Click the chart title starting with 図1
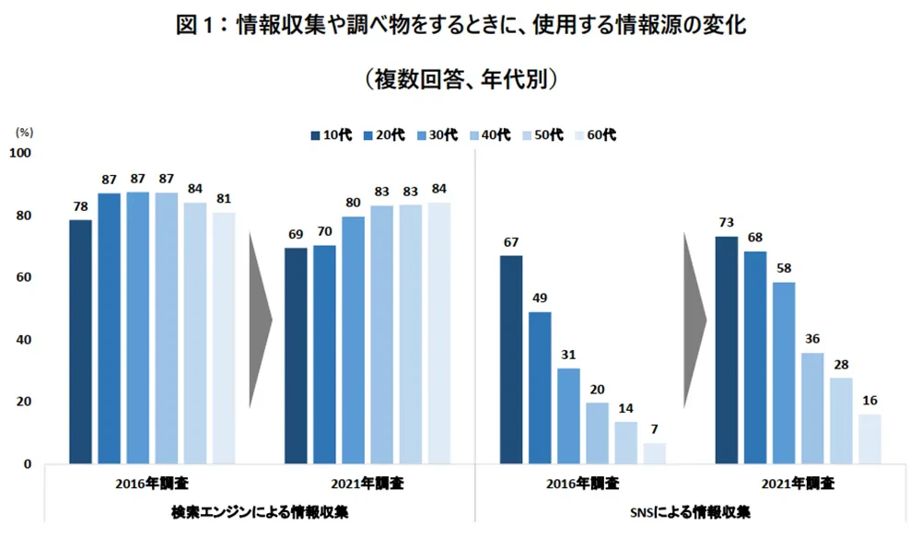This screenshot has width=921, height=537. point(460,25)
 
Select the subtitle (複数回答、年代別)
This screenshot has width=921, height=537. point(460,79)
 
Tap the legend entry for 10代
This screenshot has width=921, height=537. point(327,134)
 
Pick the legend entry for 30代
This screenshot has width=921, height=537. point(433,134)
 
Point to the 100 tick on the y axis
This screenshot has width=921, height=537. point(19,153)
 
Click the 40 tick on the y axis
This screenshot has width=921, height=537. point(22,340)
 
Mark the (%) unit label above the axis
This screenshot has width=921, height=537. point(25,133)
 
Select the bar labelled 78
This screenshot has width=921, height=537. point(80,341)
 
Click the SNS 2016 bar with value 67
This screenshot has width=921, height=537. point(511,359)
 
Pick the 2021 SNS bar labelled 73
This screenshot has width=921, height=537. point(727,350)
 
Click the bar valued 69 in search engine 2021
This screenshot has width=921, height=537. point(296,356)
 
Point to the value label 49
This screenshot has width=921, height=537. point(540,297)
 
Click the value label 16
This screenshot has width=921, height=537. point(869,399)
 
